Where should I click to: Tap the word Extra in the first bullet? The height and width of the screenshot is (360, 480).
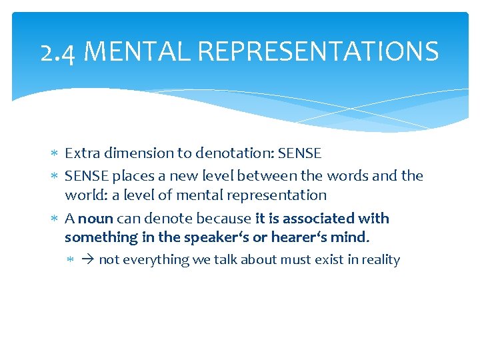[x=81, y=153]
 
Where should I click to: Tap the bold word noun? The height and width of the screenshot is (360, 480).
[x=95, y=219]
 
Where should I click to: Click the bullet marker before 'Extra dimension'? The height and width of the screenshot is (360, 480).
[x=55, y=154]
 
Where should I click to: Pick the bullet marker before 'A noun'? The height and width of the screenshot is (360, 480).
[x=55, y=219]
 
